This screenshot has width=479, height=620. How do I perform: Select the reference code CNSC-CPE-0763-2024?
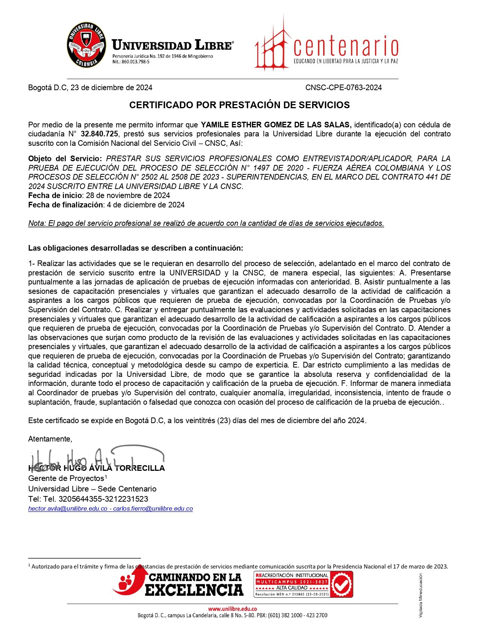[343, 88]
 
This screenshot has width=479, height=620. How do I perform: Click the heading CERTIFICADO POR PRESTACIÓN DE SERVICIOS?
[239, 105]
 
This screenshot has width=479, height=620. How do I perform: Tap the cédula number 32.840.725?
[100, 134]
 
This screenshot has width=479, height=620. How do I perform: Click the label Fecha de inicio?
[55, 195]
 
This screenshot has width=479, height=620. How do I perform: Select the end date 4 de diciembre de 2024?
[146, 205]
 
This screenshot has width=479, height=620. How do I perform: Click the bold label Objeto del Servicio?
[65, 159]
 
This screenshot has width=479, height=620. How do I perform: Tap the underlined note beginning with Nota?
[206, 223]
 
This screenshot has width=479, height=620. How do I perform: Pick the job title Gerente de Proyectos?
[66, 478]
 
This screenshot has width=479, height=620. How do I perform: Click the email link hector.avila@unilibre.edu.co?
[68, 509]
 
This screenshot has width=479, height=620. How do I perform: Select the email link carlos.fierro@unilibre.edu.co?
[153, 509]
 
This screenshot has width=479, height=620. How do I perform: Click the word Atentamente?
[50, 439]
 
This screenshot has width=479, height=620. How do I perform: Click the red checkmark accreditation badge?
[341, 584]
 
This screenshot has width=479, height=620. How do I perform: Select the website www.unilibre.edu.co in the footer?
[233, 609]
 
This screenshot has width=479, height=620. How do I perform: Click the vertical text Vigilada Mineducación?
[420, 595]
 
